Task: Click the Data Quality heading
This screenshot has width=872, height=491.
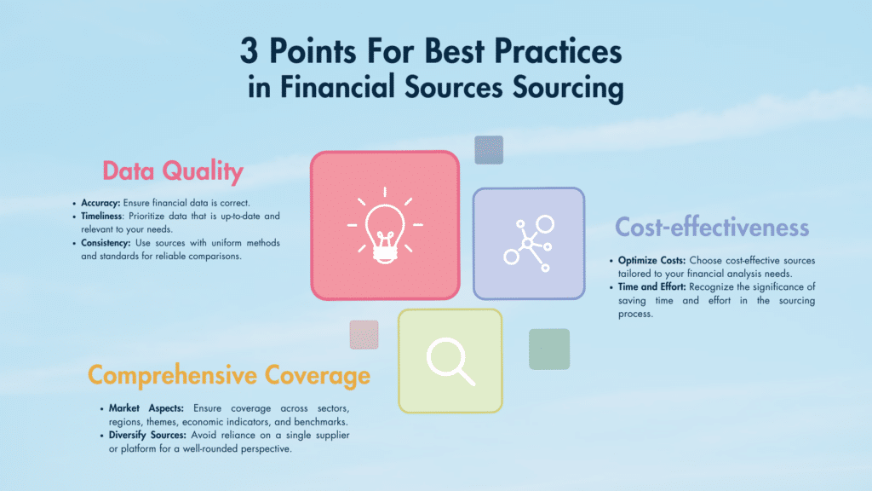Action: pos(173,171)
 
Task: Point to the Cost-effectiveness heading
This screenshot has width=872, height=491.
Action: pos(712,228)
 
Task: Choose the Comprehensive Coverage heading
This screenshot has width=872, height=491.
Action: pos(229,376)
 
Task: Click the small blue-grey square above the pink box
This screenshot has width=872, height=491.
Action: pos(489,150)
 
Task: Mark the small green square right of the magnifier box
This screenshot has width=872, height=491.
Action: pos(549,349)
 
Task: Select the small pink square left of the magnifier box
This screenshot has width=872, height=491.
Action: pos(364,334)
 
